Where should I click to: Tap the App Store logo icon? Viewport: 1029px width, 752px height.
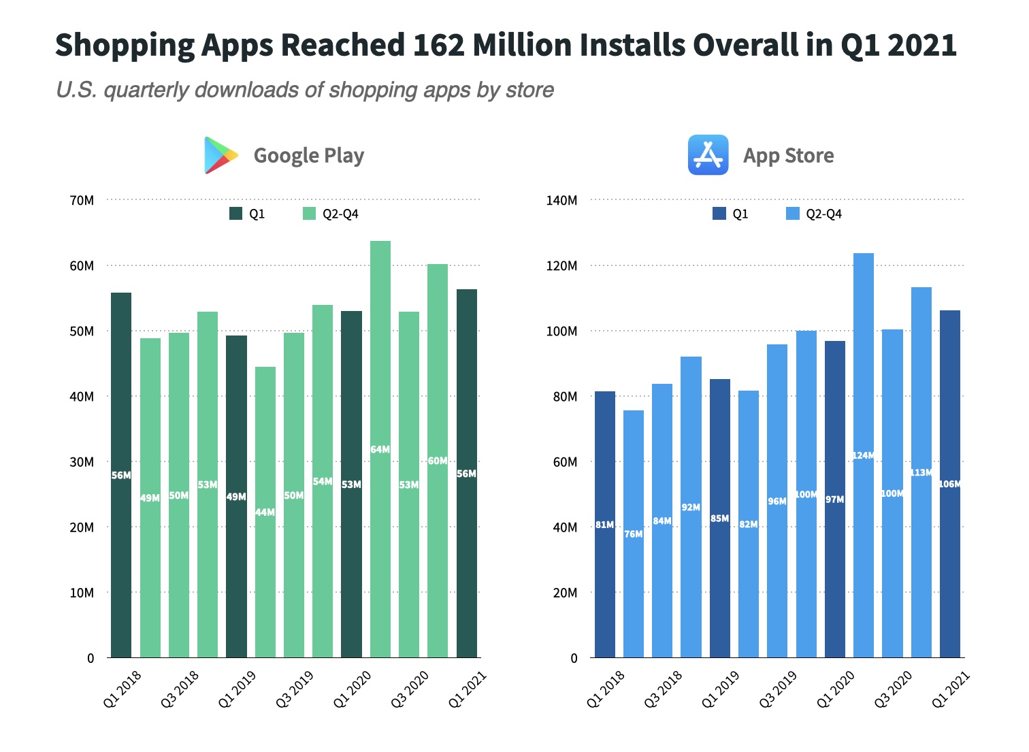pos(708,155)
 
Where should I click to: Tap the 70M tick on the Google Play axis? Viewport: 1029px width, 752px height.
pos(82,201)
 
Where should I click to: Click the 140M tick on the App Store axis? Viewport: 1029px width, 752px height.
pos(562,201)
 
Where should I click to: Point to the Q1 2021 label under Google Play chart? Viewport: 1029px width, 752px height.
pos(468,689)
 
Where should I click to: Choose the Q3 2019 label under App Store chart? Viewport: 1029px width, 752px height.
pos(777,689)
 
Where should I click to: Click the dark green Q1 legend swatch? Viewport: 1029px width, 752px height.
pos(235,214)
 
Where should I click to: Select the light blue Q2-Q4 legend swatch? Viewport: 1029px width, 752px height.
pos(792,214)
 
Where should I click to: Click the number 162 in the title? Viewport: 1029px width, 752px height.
pos(438,46)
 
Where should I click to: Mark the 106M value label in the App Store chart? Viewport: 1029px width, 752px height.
pos(950,485)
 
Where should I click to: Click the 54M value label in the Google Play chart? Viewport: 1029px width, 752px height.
pos(323,482)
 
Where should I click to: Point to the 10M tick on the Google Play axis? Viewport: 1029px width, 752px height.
pos(82,593)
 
